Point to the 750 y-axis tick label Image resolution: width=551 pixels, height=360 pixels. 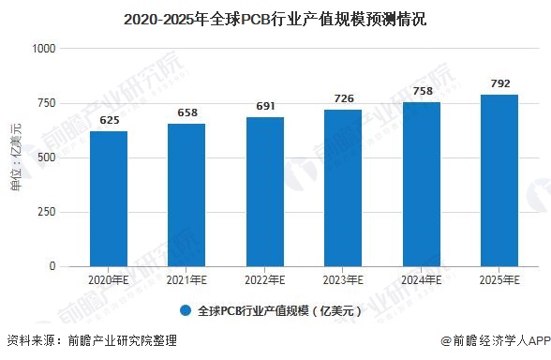point(48,103)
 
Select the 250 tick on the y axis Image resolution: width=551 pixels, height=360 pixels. point(48,212)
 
